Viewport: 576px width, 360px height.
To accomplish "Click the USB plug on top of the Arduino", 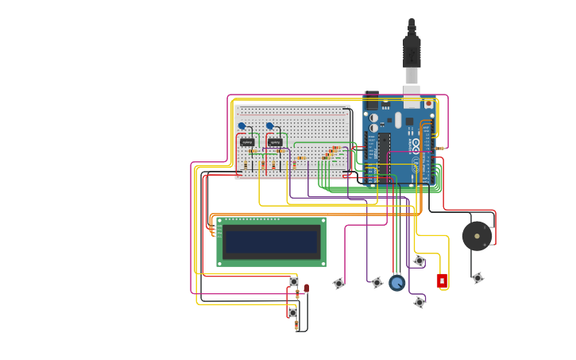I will click(411, 52).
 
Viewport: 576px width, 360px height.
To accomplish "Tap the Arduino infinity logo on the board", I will click(415, 145).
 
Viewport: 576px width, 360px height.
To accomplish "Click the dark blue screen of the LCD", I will click(271, 242).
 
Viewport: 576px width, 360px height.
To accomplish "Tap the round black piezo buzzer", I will click(477, 236).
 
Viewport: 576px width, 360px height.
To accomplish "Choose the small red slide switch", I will click(443, 281).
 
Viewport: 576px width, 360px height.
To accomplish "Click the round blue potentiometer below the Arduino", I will click(397, 282).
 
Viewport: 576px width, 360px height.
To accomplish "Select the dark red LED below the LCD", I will click(307, 288).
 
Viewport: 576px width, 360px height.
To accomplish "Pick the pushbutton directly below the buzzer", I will click(477, 278).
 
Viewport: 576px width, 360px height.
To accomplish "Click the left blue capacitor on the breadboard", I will click(242, 126).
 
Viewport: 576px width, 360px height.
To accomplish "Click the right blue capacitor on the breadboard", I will click(269, 126).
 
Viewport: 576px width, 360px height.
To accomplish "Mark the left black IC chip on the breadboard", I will click(247, 142).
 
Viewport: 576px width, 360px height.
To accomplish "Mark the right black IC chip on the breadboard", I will click(275, 142).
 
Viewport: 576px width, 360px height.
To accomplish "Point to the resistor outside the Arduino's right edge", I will click(440, 149).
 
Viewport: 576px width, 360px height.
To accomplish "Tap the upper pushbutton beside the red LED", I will click(294, 281).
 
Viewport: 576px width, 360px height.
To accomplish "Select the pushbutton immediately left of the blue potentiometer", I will click(377, 282).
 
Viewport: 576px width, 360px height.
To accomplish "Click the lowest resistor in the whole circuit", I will click(296, 325).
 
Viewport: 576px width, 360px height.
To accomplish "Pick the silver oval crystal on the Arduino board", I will click(398, 120).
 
